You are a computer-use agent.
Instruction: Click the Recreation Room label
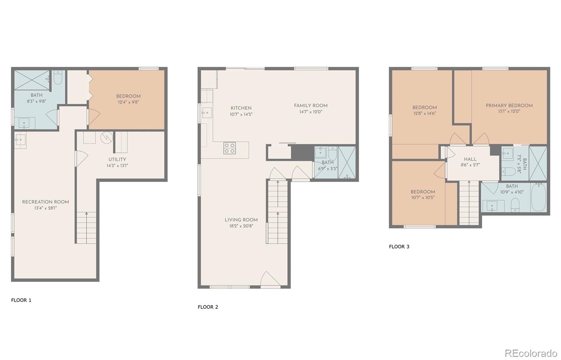pos(46,202)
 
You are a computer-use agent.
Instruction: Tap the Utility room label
pos(117,159)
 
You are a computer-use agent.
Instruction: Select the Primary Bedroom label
pos(509,106)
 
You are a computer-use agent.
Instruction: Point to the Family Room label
pos(311,106)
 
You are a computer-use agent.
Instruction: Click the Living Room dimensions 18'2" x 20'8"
pos(241,226)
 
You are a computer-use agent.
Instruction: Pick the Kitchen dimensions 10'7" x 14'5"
pos(241,114)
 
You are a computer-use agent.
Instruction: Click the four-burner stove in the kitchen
pos(229,148)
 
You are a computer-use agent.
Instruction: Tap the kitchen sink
pos(207,113)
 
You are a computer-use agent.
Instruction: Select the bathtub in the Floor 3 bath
pos(538,197)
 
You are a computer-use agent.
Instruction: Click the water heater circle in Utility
pos(107,138)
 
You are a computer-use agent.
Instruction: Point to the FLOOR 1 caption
pos(21,300)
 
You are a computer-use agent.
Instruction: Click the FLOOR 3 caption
pos(399,246)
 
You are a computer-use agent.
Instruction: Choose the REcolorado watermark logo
pos(531,353)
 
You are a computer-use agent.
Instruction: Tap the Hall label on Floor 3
pos(470,159)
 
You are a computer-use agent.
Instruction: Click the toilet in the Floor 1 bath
pos(58,77)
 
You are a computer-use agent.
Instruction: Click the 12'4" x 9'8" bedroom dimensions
pos(128,102)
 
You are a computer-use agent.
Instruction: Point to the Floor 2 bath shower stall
pos(347,163)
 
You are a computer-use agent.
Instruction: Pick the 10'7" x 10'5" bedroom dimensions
pos(423,197)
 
